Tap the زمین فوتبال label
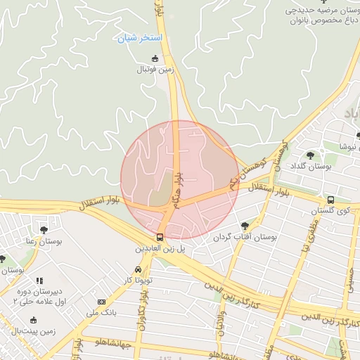(x=155, y=70)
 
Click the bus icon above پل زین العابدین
(x=160, y=237)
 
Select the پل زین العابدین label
(x=160, y=249)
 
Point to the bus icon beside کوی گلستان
(x=331, y=200)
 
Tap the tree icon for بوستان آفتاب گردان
(x=245, y=226)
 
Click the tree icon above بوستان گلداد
(x=310, y=155)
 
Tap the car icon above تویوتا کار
(x=138, y=269)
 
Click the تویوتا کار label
(x=138, y=281)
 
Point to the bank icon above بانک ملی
(x=101, y=301)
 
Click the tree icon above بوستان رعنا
(x=44, y=229)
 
